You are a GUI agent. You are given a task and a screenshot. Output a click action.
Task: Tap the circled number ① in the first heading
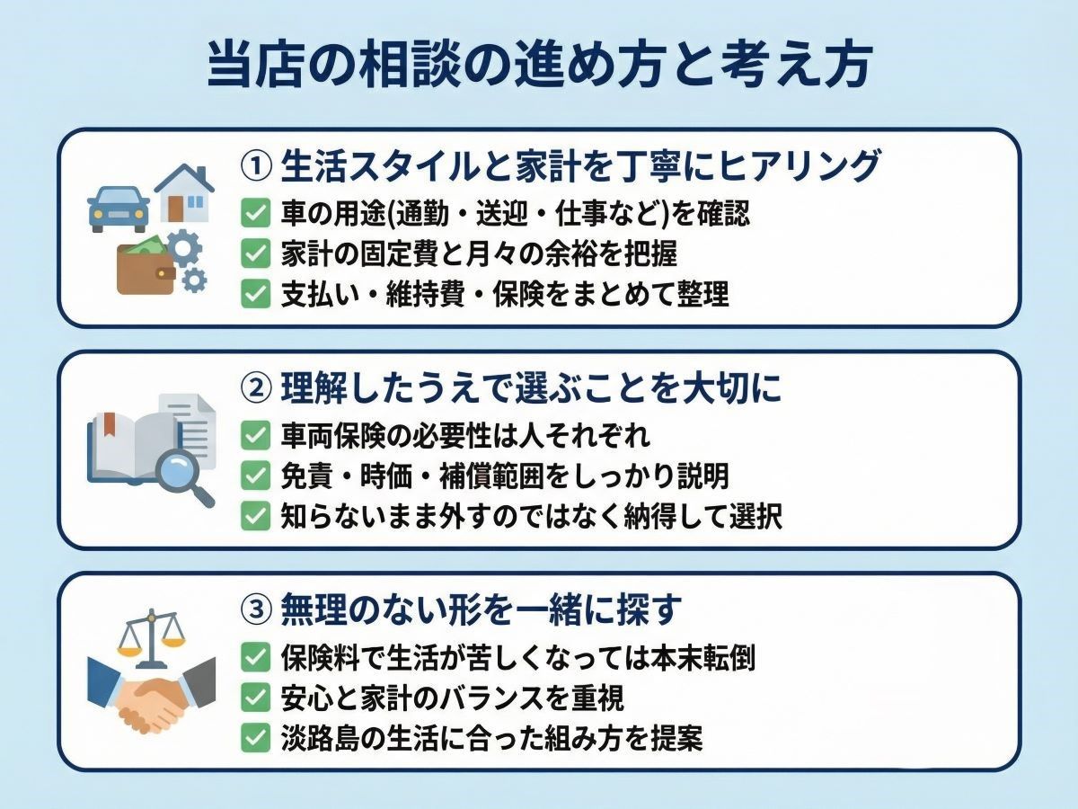click(256, 166)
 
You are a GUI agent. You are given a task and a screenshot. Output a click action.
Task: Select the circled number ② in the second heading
click(256, 389)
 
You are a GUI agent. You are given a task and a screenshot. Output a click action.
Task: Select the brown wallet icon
click(146, 267)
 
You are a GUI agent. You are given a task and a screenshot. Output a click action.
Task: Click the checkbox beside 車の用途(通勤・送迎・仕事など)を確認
click(256, 214)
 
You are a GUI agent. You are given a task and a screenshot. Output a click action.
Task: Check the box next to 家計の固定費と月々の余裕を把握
click(256, 254)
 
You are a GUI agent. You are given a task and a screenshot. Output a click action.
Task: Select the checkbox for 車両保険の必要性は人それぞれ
click(256, 436)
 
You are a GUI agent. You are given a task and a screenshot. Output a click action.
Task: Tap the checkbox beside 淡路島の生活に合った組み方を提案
click(256, 739)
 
